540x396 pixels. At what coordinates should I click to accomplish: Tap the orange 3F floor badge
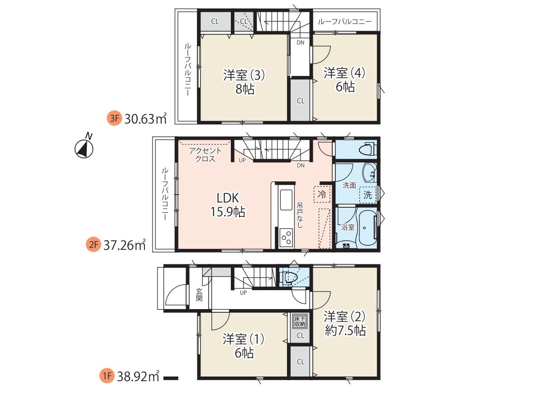pos(115,119)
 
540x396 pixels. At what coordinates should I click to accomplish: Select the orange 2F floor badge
pos(93,245)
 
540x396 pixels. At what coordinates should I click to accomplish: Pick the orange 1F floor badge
pos(107,376)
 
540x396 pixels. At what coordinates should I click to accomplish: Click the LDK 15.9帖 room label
pos(228,205)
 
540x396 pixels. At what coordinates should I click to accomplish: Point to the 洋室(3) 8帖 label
pos(244,82)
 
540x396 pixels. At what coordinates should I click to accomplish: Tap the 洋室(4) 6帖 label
pos(345,80)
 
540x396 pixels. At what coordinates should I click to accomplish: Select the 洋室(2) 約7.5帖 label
pos(345,323)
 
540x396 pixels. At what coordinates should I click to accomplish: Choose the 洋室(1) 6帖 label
pos(244,346)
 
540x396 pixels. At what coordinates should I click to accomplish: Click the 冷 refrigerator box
pos(322,195)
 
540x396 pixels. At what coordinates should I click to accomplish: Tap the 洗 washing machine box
pos(368,195)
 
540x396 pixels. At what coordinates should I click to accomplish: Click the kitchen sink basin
pos(286,200)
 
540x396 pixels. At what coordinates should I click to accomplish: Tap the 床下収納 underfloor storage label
pos(300,322)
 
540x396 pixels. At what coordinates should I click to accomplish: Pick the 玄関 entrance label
pos(199,295)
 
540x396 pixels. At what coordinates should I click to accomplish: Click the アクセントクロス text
pos(205,155)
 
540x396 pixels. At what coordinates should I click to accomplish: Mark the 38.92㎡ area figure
pos(138,376)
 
